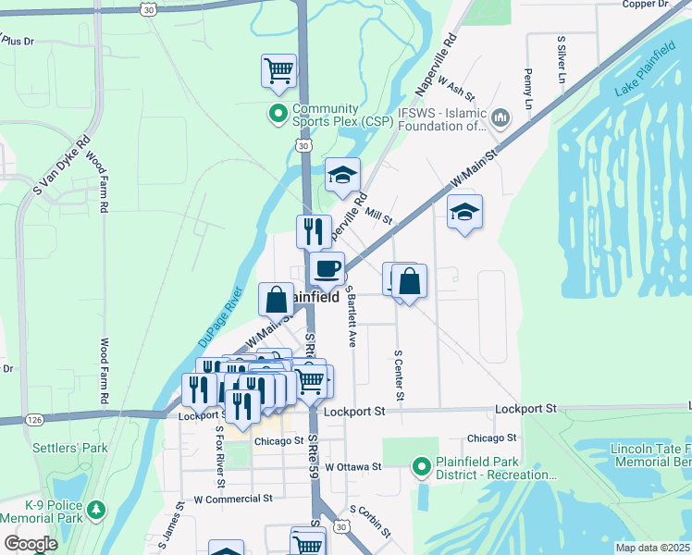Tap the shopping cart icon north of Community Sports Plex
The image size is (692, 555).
pos(279,70)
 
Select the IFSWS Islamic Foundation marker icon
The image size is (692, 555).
pos(500,117)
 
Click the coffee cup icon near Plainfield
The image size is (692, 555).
pos(327,269)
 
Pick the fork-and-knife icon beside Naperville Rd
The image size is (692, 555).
pos(314,229)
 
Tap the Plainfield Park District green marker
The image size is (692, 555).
pos(422,467)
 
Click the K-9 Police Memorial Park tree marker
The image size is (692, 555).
pos(95,510)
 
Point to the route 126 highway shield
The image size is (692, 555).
pos(34,419)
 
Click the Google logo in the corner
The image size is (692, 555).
pos(31,544)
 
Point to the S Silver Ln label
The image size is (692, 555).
pos(561,61)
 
